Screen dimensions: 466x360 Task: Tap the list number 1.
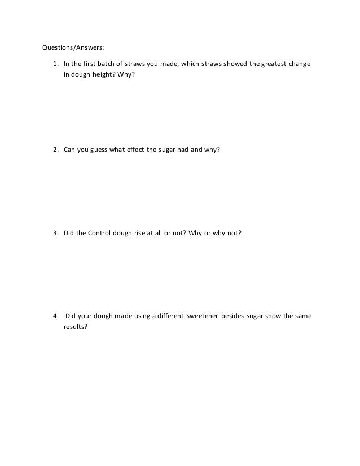click(55, 63)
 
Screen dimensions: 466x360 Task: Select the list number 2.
click(55, 150)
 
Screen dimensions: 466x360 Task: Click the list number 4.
click(55, 316)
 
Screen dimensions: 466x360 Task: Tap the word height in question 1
click(103, 73)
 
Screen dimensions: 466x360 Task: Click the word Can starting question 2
click(69, 150)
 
